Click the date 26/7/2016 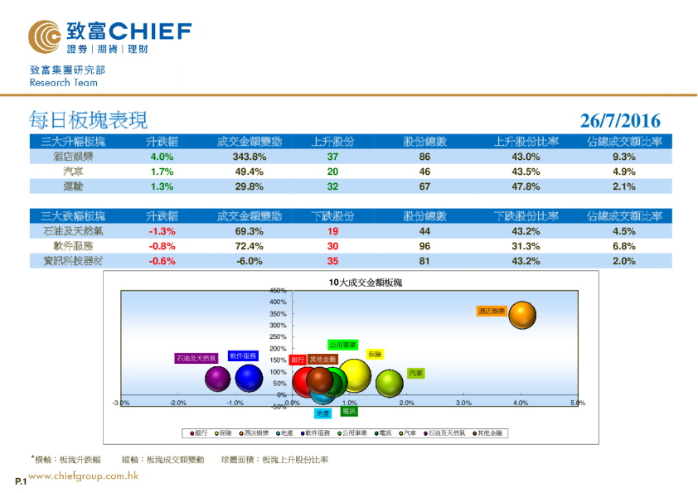pos(620,122)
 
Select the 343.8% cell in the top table pos(249,157)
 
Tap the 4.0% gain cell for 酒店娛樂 pos(162,157)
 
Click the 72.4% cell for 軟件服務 pos(249,246)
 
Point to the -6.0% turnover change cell pos(249,261)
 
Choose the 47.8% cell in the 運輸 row pos(526,186)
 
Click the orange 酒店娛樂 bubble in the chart pos(522,316)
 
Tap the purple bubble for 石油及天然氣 pos(217,379)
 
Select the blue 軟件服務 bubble pos(249,378)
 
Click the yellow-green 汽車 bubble pos(389,383)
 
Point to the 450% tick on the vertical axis pos(278,291)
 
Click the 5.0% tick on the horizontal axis pos(578,403)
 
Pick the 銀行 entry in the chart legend pos(198,433)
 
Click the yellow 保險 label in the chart pos(375,355)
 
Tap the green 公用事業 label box pos(342,344)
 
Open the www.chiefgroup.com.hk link pos(82,476)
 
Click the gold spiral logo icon pos(44,35)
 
